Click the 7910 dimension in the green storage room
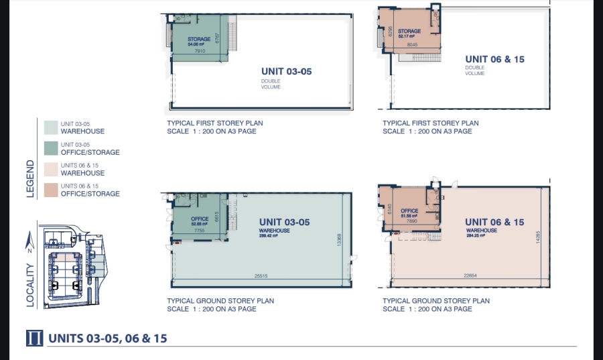coord(199,51)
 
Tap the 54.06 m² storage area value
coord(199,44)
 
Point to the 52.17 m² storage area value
coord(409,36)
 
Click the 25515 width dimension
coord(261,276)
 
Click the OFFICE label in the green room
coord(200,219)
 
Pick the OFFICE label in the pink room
coord(409,211)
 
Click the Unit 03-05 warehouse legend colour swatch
coord(50,127)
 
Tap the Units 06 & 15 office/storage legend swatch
coord(50,190)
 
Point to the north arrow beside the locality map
coord(30,239)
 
